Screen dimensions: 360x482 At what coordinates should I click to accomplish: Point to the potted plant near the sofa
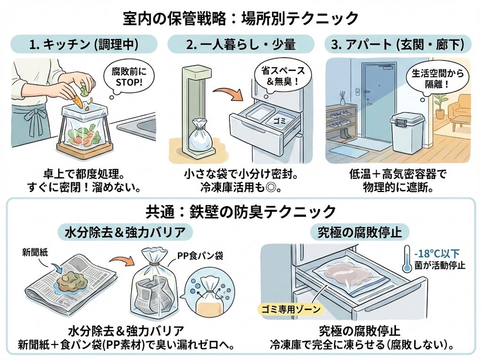[441, 104]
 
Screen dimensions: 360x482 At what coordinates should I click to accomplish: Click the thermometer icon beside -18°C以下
[406, 259]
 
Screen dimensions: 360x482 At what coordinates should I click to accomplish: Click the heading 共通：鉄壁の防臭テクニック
[241, 210]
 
